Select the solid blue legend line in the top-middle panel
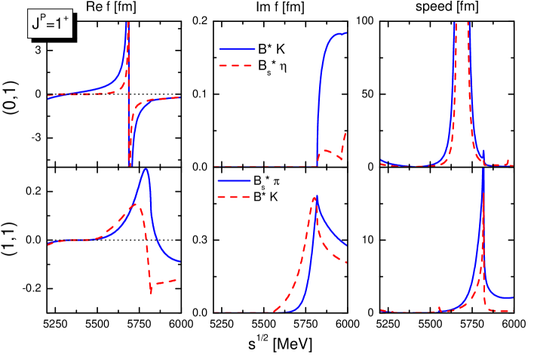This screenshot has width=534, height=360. pyautogui.click(x=237, y=49)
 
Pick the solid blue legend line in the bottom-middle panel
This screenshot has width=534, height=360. pyautogui.click(x=234, y=181)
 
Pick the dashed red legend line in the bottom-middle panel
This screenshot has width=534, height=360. pyautogui.click(x=233, y=197)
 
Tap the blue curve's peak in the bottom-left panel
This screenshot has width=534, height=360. pyautogui.click(x=146, y=169)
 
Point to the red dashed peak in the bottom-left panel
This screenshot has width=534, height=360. pyautogui.click(x=133, y=205)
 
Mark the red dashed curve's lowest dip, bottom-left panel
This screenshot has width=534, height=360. pyautogui.click(x=152, y=291)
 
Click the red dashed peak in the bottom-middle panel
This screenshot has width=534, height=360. pyautogui.click(x=312, y=198)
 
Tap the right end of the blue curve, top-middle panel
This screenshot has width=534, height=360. pyautogui.click(x=346, y=32)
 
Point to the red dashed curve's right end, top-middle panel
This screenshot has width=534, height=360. pyautogui.click(x=346, y=134)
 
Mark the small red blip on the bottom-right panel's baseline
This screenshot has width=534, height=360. pyautogui.click(x=439, y=307)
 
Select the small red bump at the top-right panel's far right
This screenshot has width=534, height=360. pyautogui.click(x=508, y=160)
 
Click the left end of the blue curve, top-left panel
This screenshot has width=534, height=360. pyautogui.click(x=48, y=99)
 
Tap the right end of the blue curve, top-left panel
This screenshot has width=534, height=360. pyautogui.click(x=180, y=97)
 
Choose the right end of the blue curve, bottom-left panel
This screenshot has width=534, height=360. pyautogui.click(x=180, y=261)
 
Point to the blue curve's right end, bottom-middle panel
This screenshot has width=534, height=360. pyautogui.click(x=346, y=245)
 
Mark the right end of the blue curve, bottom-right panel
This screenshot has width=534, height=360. pyautogui.click(x=514, y=297)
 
